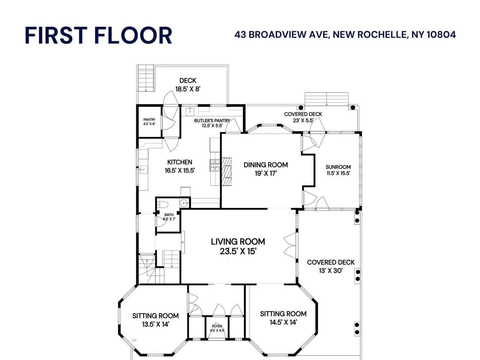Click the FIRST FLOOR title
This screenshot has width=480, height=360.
(x=98, y=35)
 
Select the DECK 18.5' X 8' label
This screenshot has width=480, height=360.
(x=188, y=85)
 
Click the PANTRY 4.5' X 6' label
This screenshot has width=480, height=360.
(x=149, y=121)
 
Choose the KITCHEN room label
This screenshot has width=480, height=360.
(x=180, y=166)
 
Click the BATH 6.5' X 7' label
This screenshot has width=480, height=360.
(x=169, y=217)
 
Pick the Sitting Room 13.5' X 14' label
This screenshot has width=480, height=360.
(x=156, y=320)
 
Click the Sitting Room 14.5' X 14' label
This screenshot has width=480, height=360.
(x=283, y=318)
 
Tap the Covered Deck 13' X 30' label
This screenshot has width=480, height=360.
(x=331, y=267)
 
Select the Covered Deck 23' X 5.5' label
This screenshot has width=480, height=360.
(x=303, y=117)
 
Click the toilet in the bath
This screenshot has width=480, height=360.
(x=162, y=205)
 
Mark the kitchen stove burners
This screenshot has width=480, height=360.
(x=215, y=165)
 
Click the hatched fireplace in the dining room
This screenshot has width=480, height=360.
(x=226, y=172)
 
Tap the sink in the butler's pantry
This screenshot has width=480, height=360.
(x=190, y=111)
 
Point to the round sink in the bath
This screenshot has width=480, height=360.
(x=184, y=203)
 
